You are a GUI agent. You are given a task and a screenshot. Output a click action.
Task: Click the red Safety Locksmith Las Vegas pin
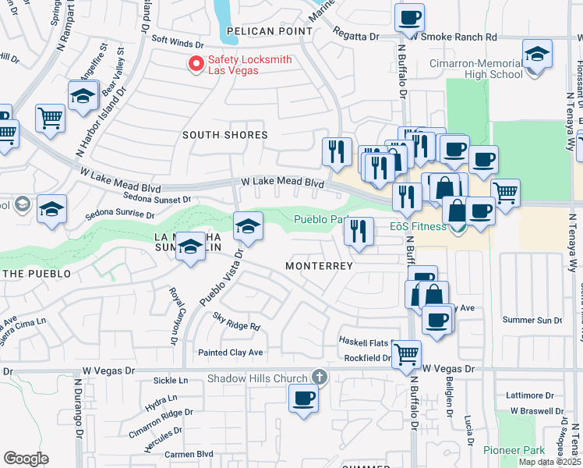coord(196,63)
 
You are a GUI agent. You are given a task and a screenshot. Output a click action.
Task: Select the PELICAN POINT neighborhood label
coord(269,32)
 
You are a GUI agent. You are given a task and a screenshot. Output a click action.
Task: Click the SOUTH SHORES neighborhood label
coord(224,135)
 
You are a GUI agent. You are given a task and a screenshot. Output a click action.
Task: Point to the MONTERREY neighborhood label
coord(319,266)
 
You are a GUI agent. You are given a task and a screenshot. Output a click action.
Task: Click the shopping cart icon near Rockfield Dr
coord(406,353)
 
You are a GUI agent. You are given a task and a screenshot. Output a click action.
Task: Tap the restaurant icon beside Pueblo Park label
coord(358,230)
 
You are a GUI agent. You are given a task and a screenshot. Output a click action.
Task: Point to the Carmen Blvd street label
coord(189,453)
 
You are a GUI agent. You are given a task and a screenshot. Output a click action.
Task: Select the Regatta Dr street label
coord(355,37)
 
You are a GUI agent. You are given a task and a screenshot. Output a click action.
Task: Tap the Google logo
coord(26,459)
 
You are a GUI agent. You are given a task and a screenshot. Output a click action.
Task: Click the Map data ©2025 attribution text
coord(549,462)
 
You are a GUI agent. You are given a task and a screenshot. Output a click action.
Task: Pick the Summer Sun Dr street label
coord(532,320)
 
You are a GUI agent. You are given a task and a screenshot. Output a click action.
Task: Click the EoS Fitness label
coord(418,226)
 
